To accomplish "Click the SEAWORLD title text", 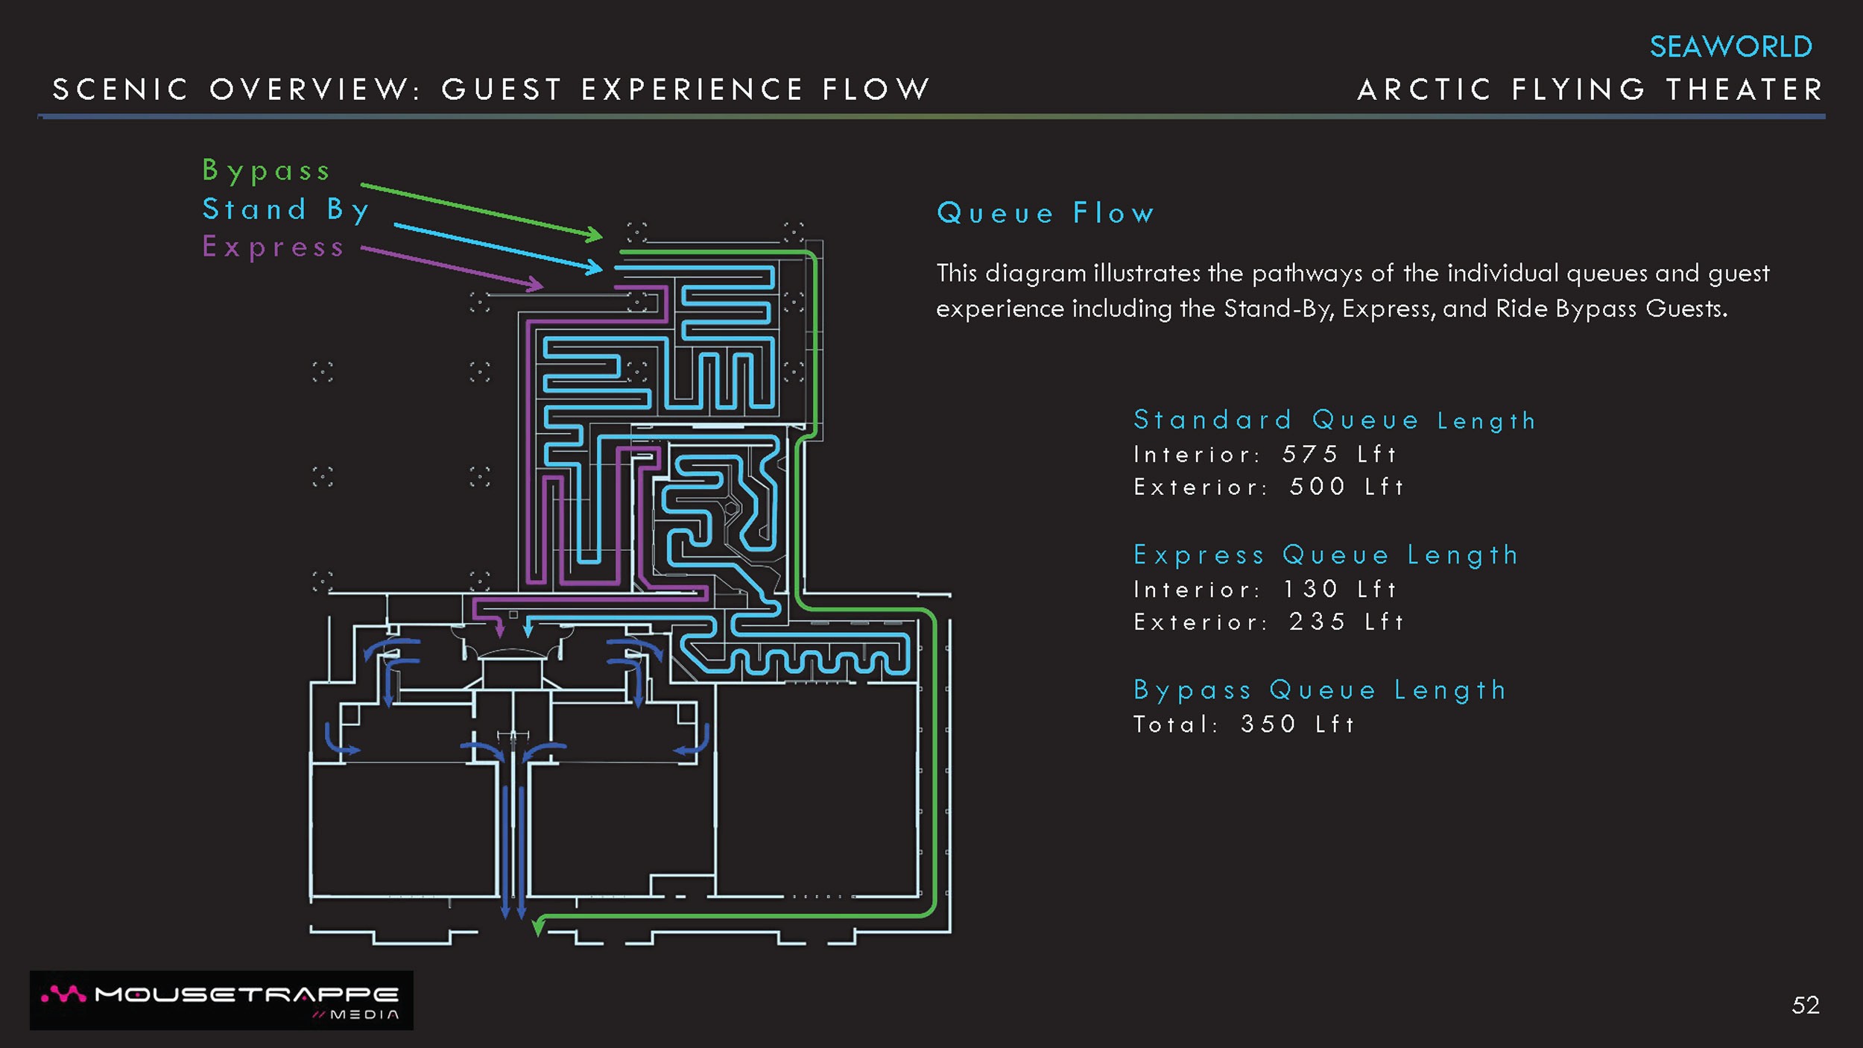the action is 1730,47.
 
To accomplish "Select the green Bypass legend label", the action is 266,171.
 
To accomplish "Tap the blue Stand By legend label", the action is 285,209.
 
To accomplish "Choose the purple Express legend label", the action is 273,247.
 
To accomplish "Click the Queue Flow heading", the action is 1046,213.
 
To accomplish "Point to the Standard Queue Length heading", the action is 1334,420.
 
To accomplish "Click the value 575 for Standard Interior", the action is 1309,454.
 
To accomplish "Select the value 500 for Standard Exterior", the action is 1317,487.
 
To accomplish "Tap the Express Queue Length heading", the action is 1326,555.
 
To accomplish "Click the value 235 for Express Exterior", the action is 1317,622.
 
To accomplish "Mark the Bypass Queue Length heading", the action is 1320,690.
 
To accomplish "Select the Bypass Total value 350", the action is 1268,724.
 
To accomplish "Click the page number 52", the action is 1805,1006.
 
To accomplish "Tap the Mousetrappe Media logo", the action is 221,1000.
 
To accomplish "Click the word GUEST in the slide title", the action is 502,90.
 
